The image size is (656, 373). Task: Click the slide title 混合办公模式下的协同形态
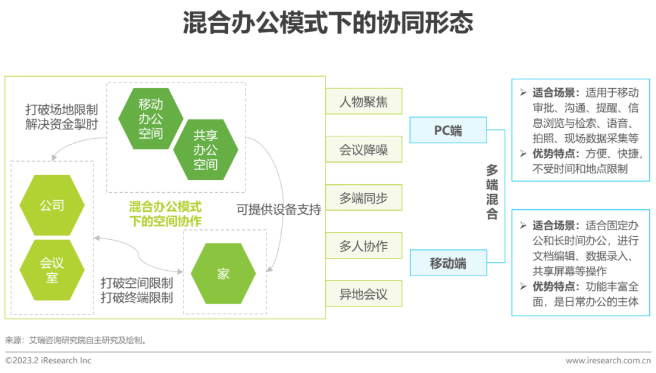click(327, 24)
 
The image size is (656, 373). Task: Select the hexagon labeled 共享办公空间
click(205, 150)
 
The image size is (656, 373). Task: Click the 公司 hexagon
click(52, 206)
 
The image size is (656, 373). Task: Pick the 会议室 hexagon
click(52, 270)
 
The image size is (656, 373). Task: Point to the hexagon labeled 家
click(223, 274)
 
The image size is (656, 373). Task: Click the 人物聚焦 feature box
click(363, 102)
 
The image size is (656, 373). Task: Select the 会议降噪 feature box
click(363, 150)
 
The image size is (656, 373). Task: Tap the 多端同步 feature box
click(363, 198)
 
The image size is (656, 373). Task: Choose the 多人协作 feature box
click(363, 246)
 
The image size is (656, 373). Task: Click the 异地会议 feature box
click(363, 295)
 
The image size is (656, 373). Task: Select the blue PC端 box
click(448, 130)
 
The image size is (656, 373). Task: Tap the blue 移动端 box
click(448, 263)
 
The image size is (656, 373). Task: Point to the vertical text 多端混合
click(492, 192)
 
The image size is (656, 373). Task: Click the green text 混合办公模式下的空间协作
click(165, 214)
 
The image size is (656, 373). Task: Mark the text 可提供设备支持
click(279, 209)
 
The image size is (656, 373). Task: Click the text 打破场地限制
click(61, 110)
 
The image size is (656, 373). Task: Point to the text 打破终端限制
click(137, 298)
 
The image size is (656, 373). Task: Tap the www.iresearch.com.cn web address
click(607, 361)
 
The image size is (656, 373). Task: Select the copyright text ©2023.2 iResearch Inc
click(49, 360)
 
